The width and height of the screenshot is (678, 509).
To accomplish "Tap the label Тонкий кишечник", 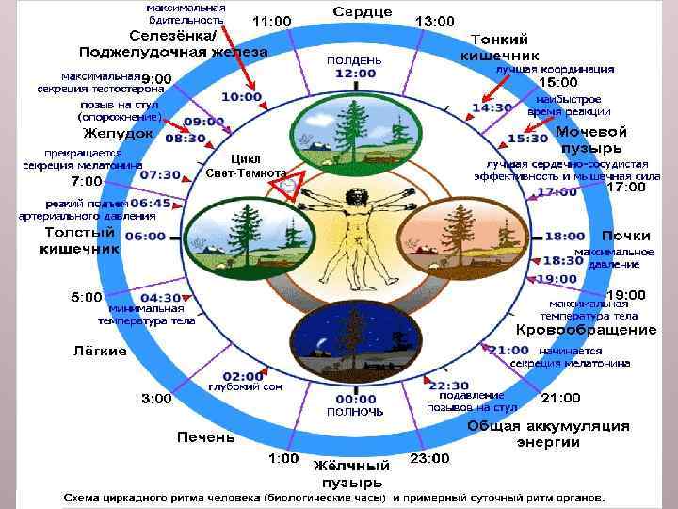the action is click(498, 48).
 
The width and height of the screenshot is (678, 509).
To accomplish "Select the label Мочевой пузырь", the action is click(591, 140).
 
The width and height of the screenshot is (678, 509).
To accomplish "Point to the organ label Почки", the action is click(626, 235).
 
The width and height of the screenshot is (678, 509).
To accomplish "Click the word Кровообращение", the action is click(586, 330).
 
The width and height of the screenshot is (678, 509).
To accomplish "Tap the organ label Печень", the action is click(205, 437).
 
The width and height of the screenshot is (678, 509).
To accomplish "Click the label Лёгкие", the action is click(100, 351).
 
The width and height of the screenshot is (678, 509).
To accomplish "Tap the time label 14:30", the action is click(492, 107).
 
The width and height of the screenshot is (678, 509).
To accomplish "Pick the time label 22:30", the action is click(448, 386).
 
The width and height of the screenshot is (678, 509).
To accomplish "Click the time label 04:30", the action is click(161, 297).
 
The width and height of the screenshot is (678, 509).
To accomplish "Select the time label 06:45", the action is click(151, 203).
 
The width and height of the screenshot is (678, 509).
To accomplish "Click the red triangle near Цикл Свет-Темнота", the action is click(284, 184).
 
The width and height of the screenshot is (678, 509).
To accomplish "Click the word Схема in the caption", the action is click(84, 497).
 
